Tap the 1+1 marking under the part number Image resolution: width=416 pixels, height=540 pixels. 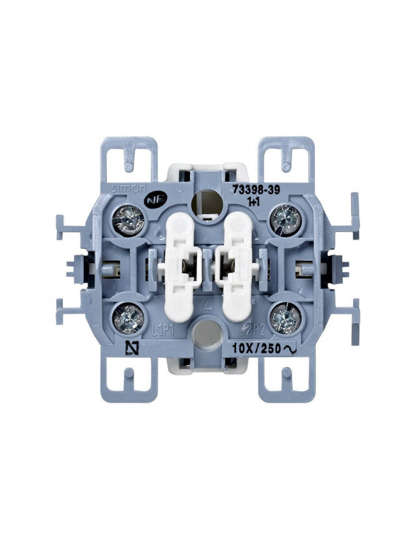coord(251,200)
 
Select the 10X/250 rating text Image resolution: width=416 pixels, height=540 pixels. coord(256,349)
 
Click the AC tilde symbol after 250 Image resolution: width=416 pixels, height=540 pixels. coord(290,349)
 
